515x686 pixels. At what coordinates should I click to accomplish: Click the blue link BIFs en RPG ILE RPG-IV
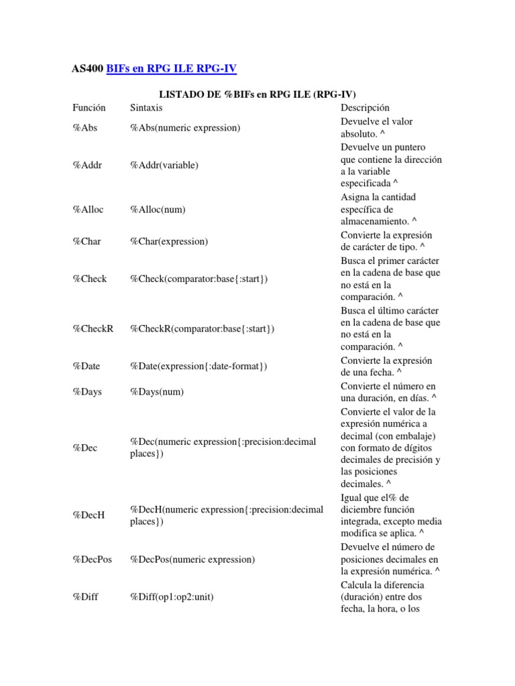click(172, 68)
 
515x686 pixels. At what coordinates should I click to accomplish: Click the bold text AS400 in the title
click(87, 68)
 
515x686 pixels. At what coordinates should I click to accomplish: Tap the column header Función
click(90, 107)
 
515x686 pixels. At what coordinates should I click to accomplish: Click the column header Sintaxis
click(146, 107)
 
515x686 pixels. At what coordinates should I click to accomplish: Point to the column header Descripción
click(365, 107)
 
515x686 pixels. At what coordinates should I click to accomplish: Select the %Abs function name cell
click(85, 127)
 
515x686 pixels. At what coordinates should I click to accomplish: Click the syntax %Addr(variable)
click(164, 165)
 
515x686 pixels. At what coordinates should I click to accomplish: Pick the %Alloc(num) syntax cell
click(158, 209)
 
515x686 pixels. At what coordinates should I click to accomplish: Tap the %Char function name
click(87, 241)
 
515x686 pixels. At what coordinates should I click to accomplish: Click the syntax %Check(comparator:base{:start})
click(198, 279)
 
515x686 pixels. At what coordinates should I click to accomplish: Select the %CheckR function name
click(93, 329)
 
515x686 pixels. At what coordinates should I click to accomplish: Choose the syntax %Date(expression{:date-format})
click(198, 366)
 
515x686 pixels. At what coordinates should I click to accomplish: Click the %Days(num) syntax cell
click(156, 391)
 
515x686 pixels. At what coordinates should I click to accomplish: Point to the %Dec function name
click(85, 448)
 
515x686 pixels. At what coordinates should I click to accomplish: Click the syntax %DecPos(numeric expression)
click(192, 559)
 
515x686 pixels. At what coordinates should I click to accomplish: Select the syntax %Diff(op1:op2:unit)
click(172, 596)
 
